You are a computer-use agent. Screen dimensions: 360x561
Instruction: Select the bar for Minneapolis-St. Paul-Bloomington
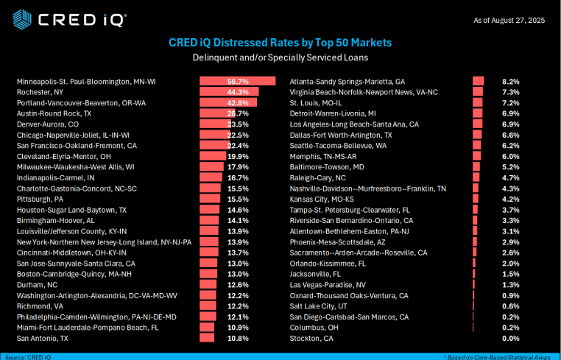(237, 82)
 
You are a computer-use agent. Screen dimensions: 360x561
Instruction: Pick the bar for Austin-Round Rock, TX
(218, 113)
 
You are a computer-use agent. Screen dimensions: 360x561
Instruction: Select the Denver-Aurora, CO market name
(46, 124)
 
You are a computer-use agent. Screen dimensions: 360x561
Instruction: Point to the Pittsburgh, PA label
(40, 200)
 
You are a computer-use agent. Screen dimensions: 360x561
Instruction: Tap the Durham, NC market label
(36, 285)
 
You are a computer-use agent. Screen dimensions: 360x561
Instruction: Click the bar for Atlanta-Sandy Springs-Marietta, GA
(478, 82)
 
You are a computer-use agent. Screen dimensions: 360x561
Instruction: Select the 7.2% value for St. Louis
(510, 103)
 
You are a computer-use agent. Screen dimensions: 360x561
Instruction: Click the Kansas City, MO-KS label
(322, 200)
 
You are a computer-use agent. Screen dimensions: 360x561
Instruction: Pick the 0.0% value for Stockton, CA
(510, 339)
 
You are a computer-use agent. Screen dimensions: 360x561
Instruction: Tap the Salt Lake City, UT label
(319, 306)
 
